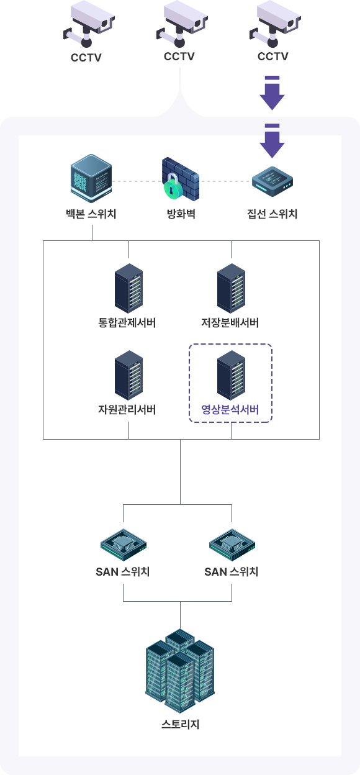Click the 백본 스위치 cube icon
[x=91, y=178]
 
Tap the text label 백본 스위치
[x=91, y=214]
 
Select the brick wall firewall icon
[x=181, y=178]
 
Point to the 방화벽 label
[x=181, y=214]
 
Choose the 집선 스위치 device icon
[x=272, y=181]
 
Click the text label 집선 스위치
[x=272, y=214]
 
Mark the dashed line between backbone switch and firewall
[x=137, y=181]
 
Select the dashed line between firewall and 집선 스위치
[x=225, y=181]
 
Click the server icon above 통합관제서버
[x=128, y=288]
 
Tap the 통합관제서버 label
[x=127, y=322]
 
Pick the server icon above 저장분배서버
[x=231, y=288]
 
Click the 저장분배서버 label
[x=230, y=322]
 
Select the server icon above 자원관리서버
[x=128, y=375]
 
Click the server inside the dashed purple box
[x=231, y=375]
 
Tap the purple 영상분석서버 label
[x=230, y=409]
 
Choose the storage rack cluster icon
[x=180, y=671]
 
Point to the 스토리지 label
[x=180, y=724]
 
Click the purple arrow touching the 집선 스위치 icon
[x=272, y=141]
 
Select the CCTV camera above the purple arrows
[x=275, y=24]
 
